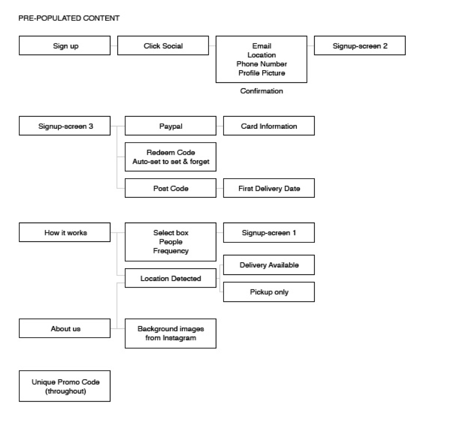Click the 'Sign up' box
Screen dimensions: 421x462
point(65,46)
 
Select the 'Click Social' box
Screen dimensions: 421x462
point(163,46)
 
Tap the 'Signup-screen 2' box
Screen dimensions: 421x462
point(360,46)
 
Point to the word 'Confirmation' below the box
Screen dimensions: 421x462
point(261,91)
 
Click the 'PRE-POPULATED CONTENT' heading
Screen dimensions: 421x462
point(69,18)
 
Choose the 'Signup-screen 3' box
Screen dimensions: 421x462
point(65,126)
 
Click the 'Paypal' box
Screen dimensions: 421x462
point(170,126)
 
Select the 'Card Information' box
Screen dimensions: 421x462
point(269,126)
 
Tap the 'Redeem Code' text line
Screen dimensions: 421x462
point(170,152)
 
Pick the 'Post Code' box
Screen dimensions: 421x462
point(170,188)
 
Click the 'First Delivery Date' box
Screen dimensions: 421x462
point(269,188)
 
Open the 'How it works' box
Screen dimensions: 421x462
point(65,233)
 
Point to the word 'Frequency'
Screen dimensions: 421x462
point(170,251)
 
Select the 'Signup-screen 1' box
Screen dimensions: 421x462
point(269,233)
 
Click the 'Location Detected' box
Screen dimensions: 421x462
point(170,278)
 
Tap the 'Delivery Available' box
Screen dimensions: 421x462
point(269,265)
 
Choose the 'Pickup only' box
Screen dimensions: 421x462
point(269,292)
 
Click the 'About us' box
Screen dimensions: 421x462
point(65,328)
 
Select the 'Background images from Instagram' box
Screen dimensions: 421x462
point(170,333)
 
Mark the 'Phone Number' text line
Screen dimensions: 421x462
point(261,64)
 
